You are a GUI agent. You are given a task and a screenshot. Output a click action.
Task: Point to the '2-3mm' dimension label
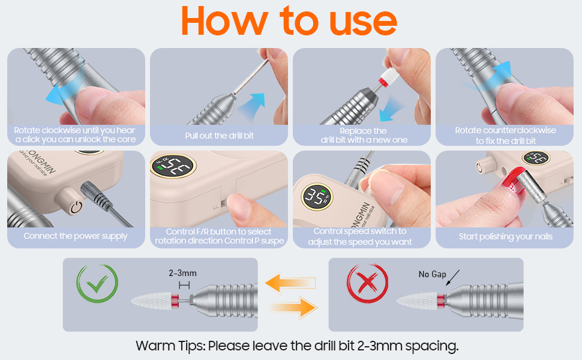(182, 274)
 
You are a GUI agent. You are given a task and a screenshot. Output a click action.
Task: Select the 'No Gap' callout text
(433, 274)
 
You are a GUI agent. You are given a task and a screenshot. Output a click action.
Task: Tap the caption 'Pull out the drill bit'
(219, 136)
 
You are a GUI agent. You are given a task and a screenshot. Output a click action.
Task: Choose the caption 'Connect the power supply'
(76, 236)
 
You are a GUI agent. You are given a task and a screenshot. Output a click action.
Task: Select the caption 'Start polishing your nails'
(505, 237)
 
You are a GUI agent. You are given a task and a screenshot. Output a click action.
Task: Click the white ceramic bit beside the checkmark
(151, 299)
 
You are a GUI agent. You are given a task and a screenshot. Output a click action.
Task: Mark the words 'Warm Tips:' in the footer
(170, 346)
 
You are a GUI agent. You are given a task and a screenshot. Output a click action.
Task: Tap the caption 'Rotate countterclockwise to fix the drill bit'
(505, 136)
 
